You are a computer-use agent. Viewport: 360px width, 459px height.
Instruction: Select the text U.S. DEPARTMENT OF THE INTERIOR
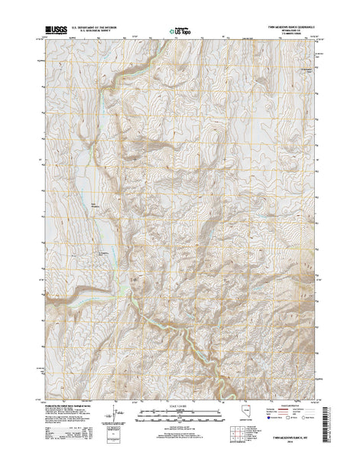pyautogui.click(x=95, y=26)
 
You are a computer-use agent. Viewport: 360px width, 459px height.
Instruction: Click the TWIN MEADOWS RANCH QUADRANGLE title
pyautogui.click(x=287, y=25)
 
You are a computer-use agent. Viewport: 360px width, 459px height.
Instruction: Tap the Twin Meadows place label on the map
pyautogui.click(x=96, y=203)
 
